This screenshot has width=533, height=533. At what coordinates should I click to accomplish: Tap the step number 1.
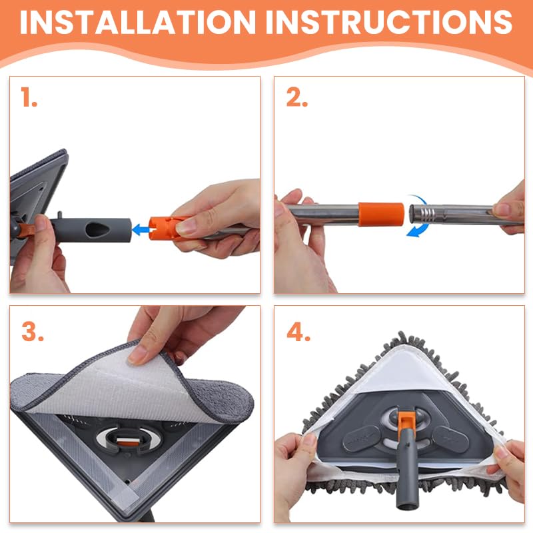(x=29, y=98)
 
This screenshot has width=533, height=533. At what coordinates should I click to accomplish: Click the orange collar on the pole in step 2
(x=380, y=214)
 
